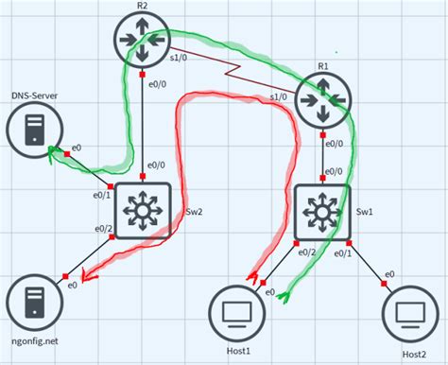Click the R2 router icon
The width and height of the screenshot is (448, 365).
142,38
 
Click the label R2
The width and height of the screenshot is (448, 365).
142,6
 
